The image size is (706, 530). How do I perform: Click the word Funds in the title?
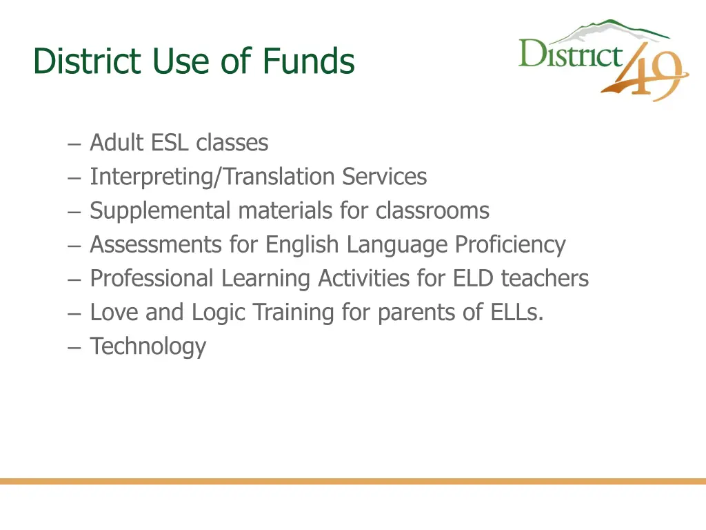[308, 61]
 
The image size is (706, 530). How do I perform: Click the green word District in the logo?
[571, 54]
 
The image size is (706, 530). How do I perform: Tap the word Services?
[385, 177]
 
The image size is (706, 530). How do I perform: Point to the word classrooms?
[432, 210]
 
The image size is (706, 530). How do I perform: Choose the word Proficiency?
[510, 245]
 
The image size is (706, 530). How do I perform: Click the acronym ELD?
[474, 278]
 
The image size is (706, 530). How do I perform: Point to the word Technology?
[148, 346]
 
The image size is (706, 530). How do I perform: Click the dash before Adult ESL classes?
[75, 144]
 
